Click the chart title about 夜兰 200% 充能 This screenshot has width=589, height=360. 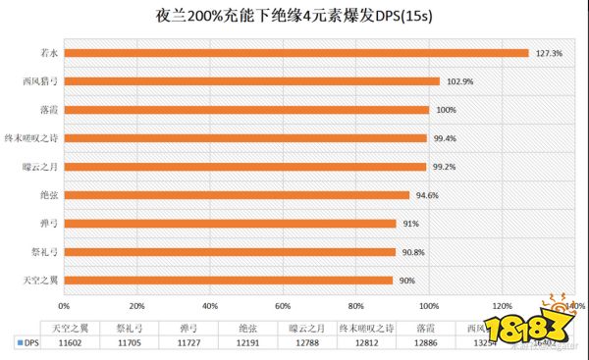click(x=295, y=17)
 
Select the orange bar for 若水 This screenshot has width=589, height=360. click(x=295, y=53)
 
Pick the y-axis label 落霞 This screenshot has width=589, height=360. click(x=43, y=110)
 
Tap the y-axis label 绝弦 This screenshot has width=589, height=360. click(x=43, y=195)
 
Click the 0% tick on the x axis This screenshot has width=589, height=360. click(x=64, y=303)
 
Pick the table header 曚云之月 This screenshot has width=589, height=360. click(x=305, y=328)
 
